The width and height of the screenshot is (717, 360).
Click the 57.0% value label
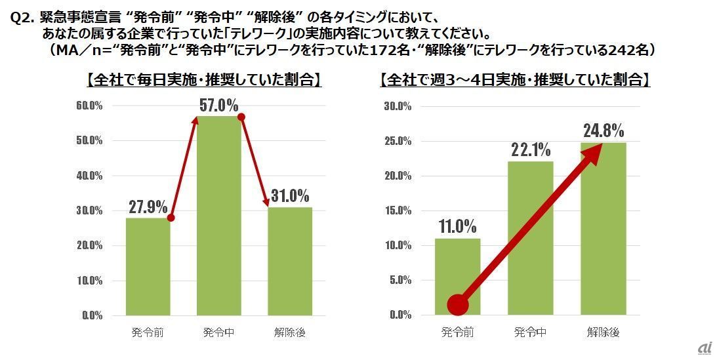[x=218, y=105]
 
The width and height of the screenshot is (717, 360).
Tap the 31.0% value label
[x=289, y=195]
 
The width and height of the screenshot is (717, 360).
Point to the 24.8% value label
[x=604, y=130]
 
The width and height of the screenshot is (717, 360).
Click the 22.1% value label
[x=531, y=150]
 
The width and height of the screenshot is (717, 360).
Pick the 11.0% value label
[x=457, y=227]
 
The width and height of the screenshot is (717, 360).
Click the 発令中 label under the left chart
[x=218, y=332]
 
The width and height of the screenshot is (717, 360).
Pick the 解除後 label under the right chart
[x=604, y=332]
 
